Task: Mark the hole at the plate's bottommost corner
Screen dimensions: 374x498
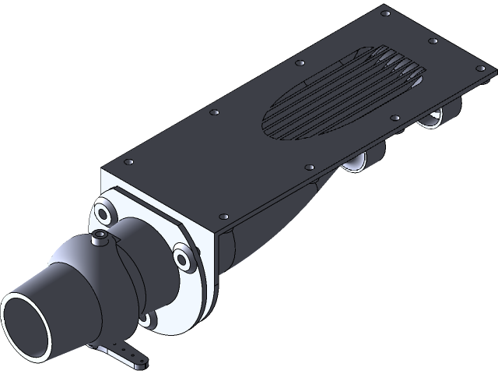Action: pyautogui.click(x=224, y=216)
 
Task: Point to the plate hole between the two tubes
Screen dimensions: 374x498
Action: pyautogui.click(x=397, y=118)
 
